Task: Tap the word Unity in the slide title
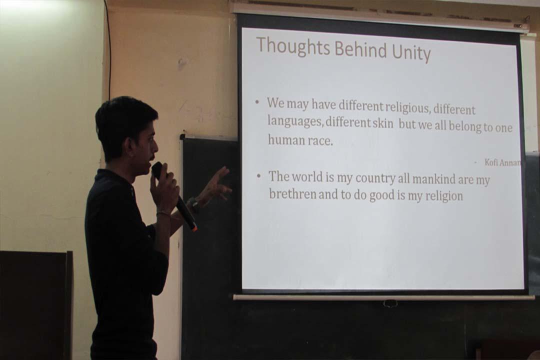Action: (411, 52)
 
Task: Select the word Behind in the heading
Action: (361, 49)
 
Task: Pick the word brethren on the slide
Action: (292, 193)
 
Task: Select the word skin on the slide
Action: (383, 123)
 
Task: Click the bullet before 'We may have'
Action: (257, 102)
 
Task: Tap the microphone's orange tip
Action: (195, 228)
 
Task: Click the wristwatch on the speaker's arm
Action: (194, 204)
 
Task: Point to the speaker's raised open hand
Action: (217, 186)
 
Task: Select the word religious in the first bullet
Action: (407, 108)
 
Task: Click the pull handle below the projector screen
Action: (390, 303)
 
